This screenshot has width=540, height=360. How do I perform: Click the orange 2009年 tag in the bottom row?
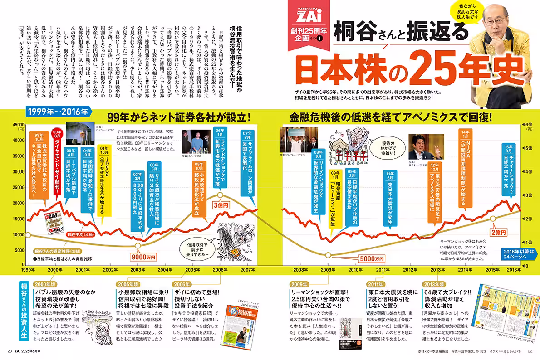[x=299, y=284]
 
